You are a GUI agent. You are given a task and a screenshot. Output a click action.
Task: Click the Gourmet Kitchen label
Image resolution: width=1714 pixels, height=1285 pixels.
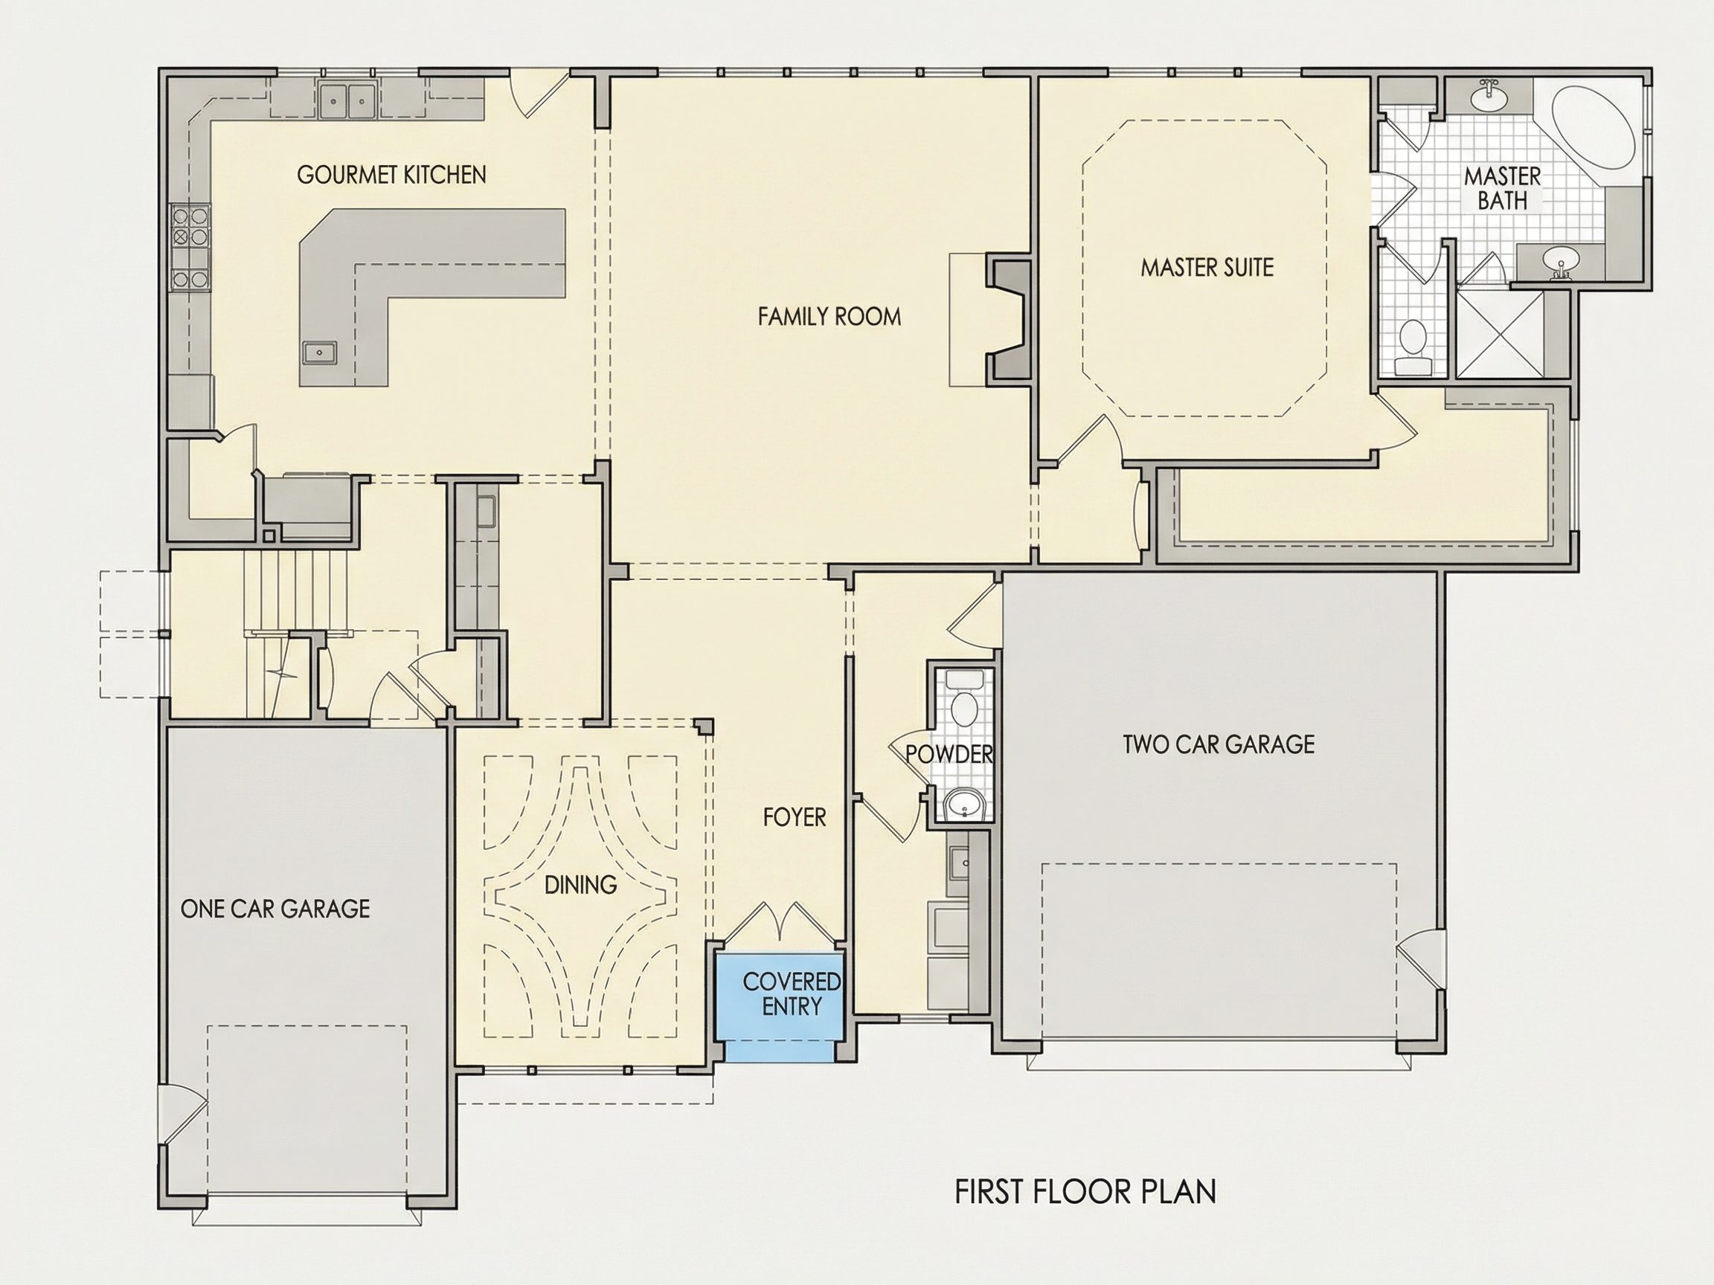[x=391, y=175]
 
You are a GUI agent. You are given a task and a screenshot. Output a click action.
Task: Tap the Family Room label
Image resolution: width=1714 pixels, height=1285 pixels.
[x=829, y=316]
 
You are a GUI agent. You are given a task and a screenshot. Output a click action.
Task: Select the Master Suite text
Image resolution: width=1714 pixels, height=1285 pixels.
[x=1207, y=267]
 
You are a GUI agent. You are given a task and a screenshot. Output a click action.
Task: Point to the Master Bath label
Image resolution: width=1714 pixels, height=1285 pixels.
[x=1503, y=188]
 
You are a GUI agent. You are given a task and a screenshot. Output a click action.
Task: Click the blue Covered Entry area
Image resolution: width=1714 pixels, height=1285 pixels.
[x=780, y=1005]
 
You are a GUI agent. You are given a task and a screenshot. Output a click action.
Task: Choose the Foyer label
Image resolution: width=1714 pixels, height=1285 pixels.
[x=795, y=817]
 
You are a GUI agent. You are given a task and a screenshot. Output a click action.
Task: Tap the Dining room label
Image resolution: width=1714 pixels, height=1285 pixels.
[x=580, y=884]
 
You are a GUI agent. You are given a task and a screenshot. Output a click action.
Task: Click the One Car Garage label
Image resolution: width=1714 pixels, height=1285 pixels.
[x=275, y=909]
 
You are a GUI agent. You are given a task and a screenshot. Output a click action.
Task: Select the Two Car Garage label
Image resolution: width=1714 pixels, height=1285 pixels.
[x=1219, y=744]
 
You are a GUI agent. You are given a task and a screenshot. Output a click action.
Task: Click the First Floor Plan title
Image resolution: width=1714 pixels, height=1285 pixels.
[x=1085, y=1191]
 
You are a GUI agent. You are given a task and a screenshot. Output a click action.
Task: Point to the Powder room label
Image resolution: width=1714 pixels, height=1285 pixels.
[x=949, y=753]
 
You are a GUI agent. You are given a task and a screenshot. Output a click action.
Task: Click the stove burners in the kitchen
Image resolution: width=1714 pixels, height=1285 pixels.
[x=190, y=246]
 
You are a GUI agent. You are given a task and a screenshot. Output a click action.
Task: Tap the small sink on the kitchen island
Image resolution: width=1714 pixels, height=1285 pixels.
[x=319, y=352]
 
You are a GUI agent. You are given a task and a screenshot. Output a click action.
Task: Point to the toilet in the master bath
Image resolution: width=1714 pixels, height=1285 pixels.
[x=1414, y=349]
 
